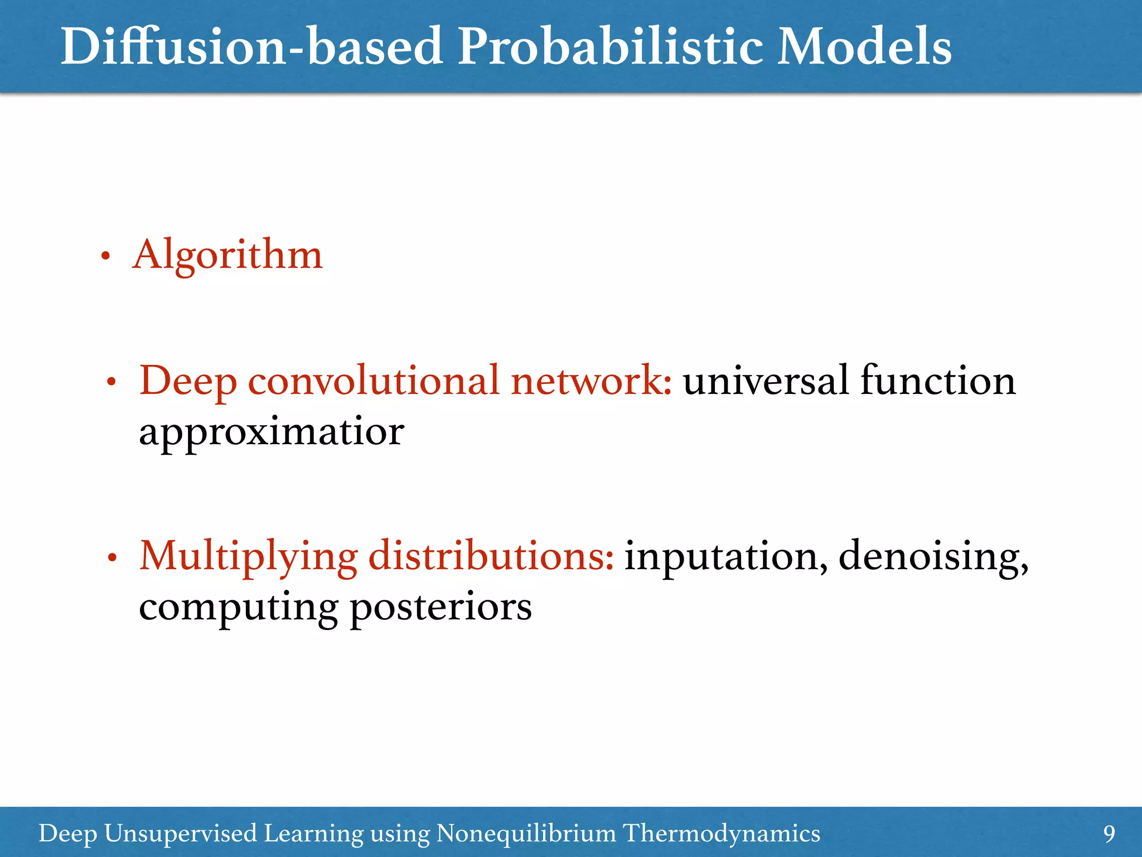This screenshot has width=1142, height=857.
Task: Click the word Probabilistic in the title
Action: point(611,47)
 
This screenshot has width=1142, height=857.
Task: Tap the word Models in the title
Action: point(864,47)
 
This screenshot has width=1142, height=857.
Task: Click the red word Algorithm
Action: point(228,256)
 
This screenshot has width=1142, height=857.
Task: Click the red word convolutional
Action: point(373,381)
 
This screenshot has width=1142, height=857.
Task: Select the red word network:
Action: point(591,381)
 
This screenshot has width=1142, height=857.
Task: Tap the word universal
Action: point(766,381)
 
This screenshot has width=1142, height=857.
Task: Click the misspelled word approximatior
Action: point(271,432)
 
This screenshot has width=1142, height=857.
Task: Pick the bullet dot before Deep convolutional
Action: point(112,383)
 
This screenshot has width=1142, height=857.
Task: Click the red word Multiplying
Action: point(248,556)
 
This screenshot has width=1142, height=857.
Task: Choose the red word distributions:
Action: point(491,556)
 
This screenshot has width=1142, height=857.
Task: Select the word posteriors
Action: point(441,607)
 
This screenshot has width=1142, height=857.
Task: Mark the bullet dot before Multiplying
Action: point(112,558)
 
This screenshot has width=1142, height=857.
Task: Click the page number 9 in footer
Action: point(1109,834)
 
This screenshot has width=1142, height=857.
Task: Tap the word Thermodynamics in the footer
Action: point(721,834)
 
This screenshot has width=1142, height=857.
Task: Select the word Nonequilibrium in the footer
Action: point(526,834)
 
